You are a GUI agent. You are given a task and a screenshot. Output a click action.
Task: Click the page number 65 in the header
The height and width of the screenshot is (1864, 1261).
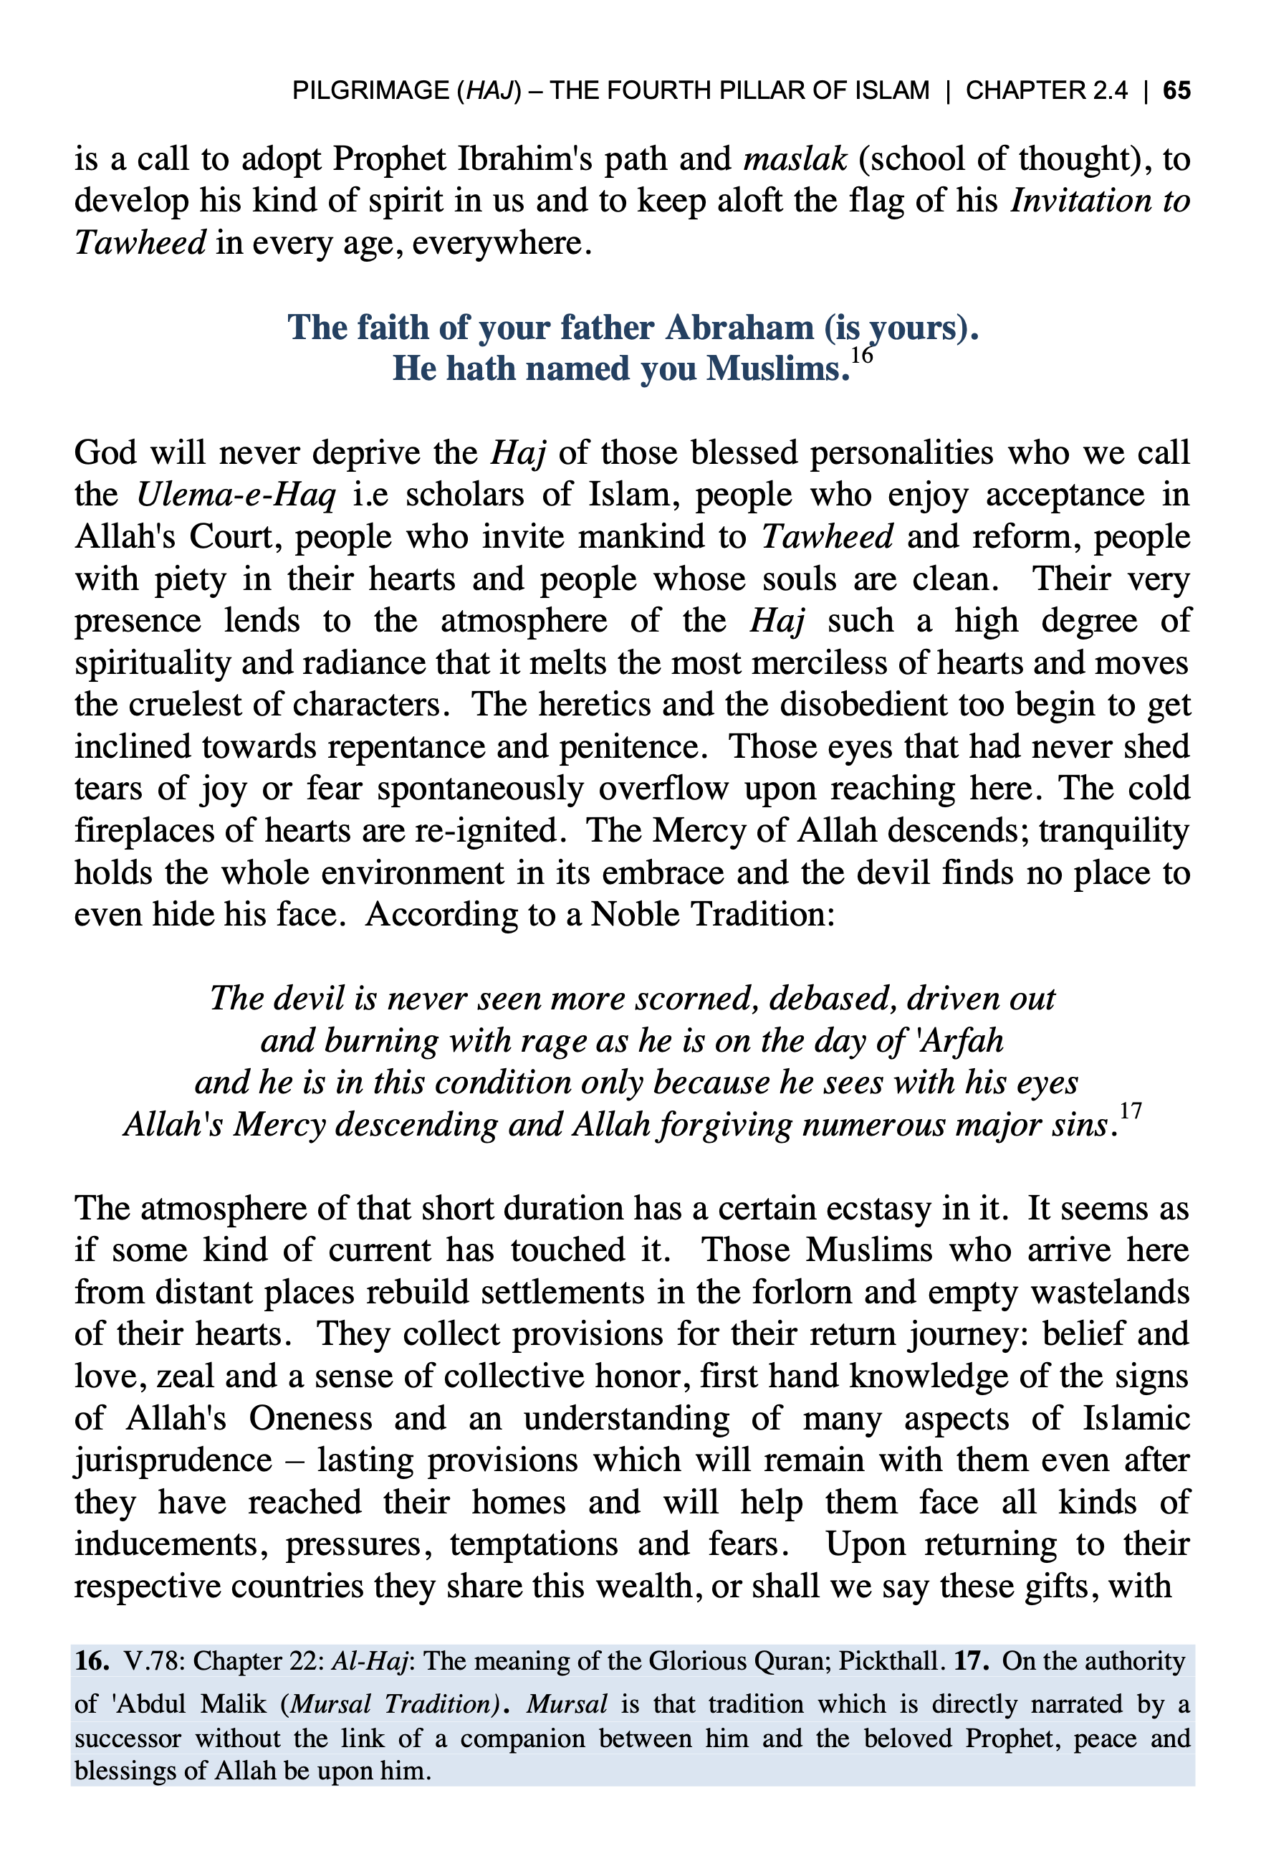tap(1176, 90)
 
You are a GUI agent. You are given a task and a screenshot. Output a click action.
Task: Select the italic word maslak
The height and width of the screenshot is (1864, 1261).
tap(795, 159)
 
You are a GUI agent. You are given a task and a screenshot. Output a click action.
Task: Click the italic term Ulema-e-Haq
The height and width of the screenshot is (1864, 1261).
tap(236, 495)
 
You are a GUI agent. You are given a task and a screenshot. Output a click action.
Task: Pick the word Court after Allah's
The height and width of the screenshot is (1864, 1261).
tap(234, 536)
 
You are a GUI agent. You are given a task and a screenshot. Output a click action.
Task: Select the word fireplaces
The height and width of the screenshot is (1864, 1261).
tap(142, 830)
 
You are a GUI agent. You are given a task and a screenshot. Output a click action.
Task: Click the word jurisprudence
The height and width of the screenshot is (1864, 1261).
tap(173, 1460)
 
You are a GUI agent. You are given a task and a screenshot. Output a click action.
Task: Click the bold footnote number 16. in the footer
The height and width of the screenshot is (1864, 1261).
tap(92, 1661)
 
